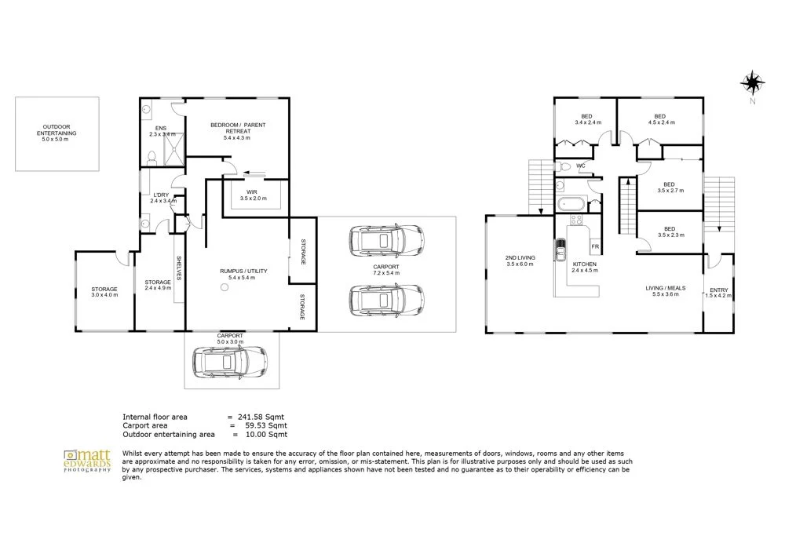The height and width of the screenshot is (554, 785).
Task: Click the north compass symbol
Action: click(x=752, y=82)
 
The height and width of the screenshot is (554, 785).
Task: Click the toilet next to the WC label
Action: click(x=564, y=166)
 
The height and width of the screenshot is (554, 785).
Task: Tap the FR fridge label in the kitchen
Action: click(x=595, y=246)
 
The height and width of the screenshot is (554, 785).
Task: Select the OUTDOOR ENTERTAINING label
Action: click(x=59, y=130)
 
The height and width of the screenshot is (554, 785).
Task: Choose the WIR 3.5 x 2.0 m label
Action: click(x=254, y=194)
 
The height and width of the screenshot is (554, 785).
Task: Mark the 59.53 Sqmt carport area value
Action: click(x=267, y=425)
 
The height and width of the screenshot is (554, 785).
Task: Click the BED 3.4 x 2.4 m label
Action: click(x=588, y=119)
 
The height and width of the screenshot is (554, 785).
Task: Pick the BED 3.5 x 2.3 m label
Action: click(x=669, y=231)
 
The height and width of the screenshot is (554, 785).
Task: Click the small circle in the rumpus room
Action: click(x=225, y=288)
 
